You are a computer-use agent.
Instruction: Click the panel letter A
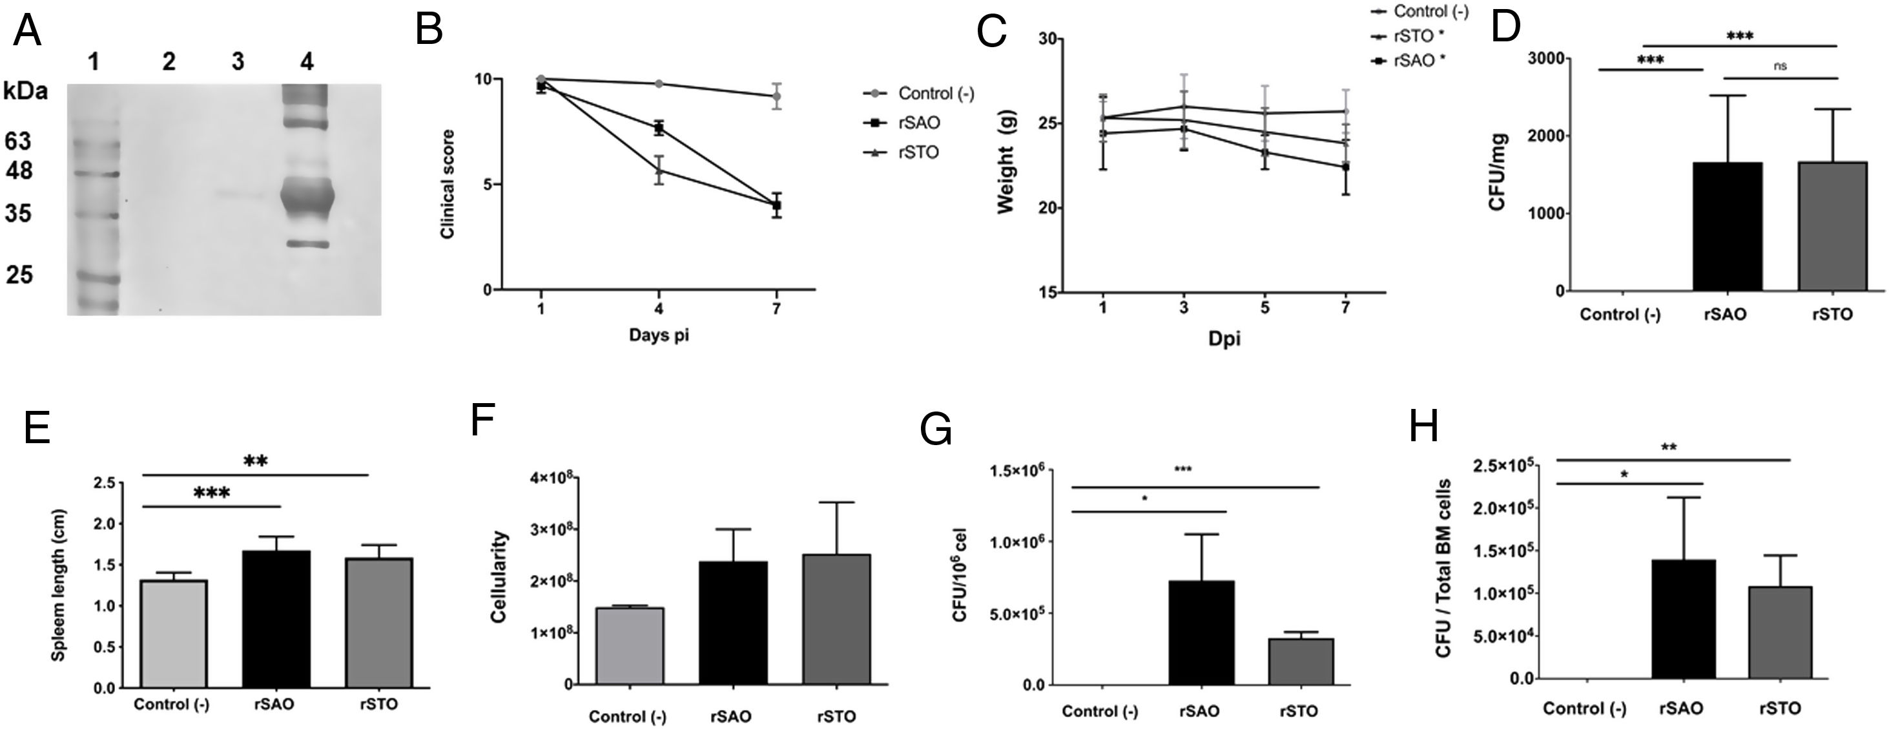[x=27, y=32]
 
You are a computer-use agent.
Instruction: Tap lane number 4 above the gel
[x=307, y=63]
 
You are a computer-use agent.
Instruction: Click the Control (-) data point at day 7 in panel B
[x=776, y=96]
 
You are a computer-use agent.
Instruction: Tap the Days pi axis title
[x=659, y=335]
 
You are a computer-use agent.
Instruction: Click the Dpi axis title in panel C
[x=1224, y=339]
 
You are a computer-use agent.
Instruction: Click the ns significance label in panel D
[x=1780, y=66]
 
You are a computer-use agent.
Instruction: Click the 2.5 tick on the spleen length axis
[x=105, y=483]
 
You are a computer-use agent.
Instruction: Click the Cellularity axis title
[x=499, y=577]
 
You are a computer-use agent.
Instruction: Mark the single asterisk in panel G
[x=1144, y=499]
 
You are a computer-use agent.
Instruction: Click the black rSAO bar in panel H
[x=1684, y=618]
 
